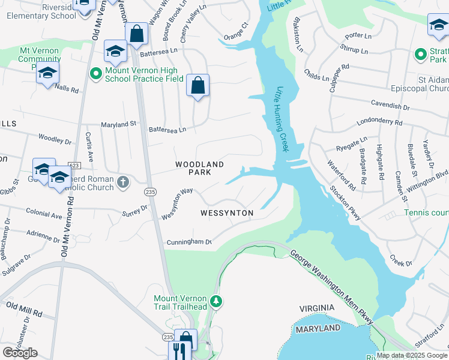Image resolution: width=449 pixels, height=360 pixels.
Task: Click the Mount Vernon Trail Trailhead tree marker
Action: click(x=215, y=301)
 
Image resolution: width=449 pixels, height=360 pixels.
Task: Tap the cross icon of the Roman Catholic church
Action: click(x=122, y=181)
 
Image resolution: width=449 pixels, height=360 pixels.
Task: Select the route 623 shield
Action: click(x=74, y=165)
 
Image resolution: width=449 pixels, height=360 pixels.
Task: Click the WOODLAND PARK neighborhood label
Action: click(x=199, y=168)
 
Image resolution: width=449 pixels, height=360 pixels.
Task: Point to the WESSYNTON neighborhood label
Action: click(x=226, y=213)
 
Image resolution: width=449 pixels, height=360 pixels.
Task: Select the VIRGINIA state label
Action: click(x=317, y=308)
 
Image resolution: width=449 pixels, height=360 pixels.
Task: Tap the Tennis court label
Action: click(x=426, y=213)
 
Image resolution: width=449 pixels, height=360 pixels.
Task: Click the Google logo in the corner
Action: click(x=20, y=352)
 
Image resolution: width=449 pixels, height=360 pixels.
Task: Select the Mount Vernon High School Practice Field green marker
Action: click(x=95, y=74)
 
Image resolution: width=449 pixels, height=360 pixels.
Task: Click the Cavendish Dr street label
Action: click(x=390, y=106)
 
